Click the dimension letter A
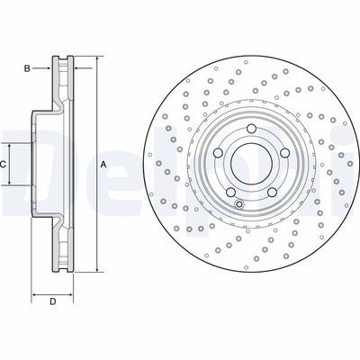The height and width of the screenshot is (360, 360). pyautogui.click(x=103, y=164)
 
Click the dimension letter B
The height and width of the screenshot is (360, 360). pyautogui.click(x=27, y=68)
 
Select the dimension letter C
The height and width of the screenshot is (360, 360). pyautogui.click(x=4, y=164)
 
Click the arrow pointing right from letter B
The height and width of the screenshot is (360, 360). pyautogui.click(x=51, y=68)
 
